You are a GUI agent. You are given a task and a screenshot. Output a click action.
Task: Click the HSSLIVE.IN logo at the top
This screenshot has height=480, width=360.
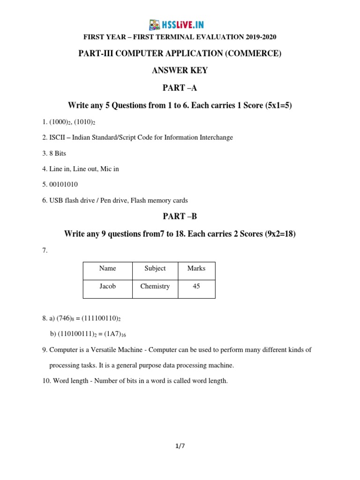point(176,25)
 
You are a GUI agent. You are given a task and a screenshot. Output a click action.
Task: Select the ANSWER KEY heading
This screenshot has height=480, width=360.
point(180,71)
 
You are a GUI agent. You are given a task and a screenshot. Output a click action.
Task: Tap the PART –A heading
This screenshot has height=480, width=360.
point(180,88)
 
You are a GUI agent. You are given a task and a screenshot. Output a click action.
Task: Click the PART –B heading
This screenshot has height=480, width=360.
point(180,217)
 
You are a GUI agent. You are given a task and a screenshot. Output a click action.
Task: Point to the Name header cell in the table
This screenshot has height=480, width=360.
point(107,269)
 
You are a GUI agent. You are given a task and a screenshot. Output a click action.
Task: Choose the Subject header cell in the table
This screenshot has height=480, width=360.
point(155,269)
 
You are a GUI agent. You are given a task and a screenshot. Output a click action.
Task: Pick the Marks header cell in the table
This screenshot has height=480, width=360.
point(196,269)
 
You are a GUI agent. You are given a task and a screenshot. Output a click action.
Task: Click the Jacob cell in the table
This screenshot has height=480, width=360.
point(107,286)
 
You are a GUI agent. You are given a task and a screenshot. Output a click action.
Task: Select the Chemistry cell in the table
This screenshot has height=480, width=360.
point(155,286)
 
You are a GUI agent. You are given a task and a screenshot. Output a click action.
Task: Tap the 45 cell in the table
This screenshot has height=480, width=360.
point(196,286)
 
